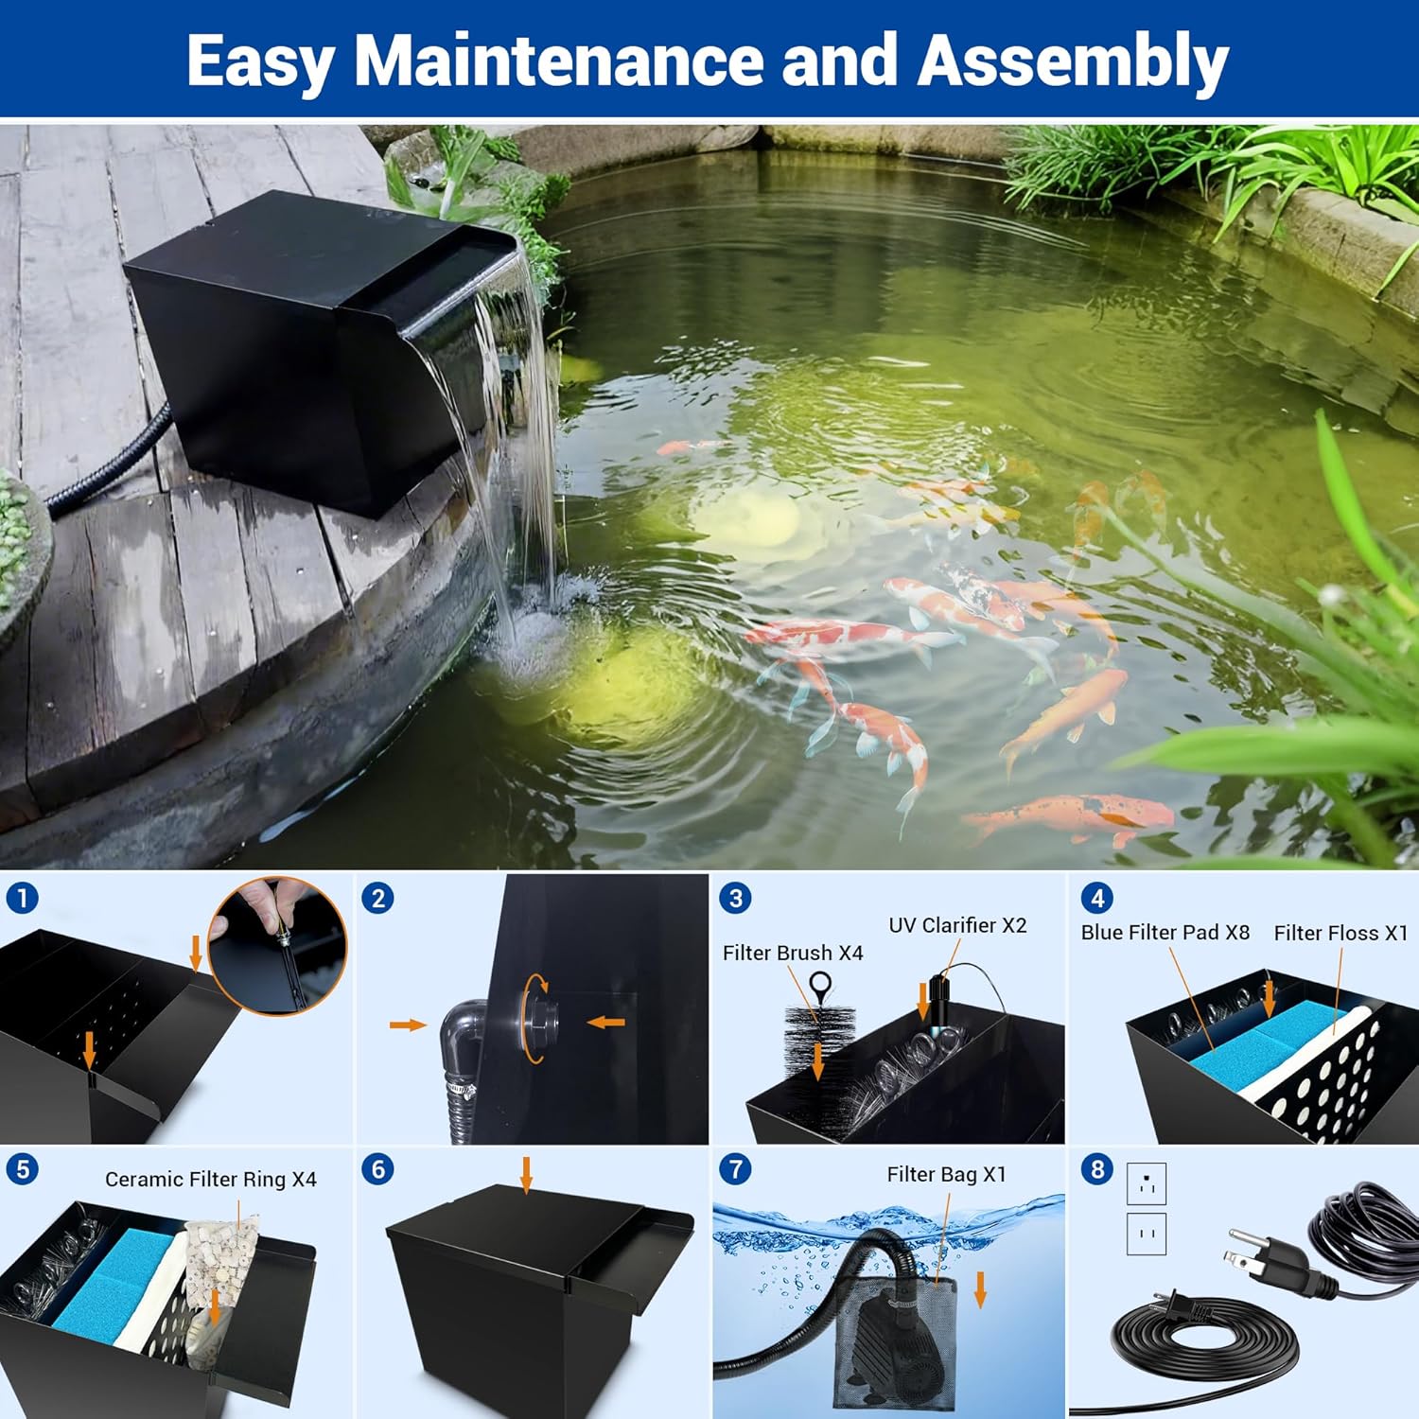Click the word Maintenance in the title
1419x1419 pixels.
[x=557, y=61]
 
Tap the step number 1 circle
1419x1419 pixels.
[x=22, y=897]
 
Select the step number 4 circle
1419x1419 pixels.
[x=1097, y=898]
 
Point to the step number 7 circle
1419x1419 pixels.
[x=735, y=1169]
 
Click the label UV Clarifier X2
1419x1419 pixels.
[x=957, y=925]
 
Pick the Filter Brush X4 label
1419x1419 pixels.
[x=793, y=953]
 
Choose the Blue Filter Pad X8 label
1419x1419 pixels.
[x=1165, y=932]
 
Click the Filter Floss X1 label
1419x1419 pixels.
[x=1340, y=933]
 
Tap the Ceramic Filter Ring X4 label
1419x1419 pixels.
[x=210, y=1179]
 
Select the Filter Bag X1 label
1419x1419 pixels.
[x=946, y=1174]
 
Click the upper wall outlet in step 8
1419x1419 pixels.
[x=1147, y=1183]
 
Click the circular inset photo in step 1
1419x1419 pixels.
[x=278, y=945]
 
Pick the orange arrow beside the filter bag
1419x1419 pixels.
[x=981, y=1289]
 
